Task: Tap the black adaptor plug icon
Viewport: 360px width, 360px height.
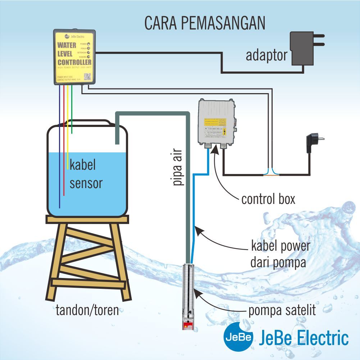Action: point(304,48)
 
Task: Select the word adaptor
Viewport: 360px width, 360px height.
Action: point(266,55)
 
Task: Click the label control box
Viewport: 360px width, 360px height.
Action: point(268,199)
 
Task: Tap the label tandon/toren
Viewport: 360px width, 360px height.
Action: point(87,310)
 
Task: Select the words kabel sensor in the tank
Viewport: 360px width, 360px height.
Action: point(86,174)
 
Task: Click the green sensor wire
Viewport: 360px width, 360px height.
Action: point(72,115)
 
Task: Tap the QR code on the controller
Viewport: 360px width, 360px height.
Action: point(87,76)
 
